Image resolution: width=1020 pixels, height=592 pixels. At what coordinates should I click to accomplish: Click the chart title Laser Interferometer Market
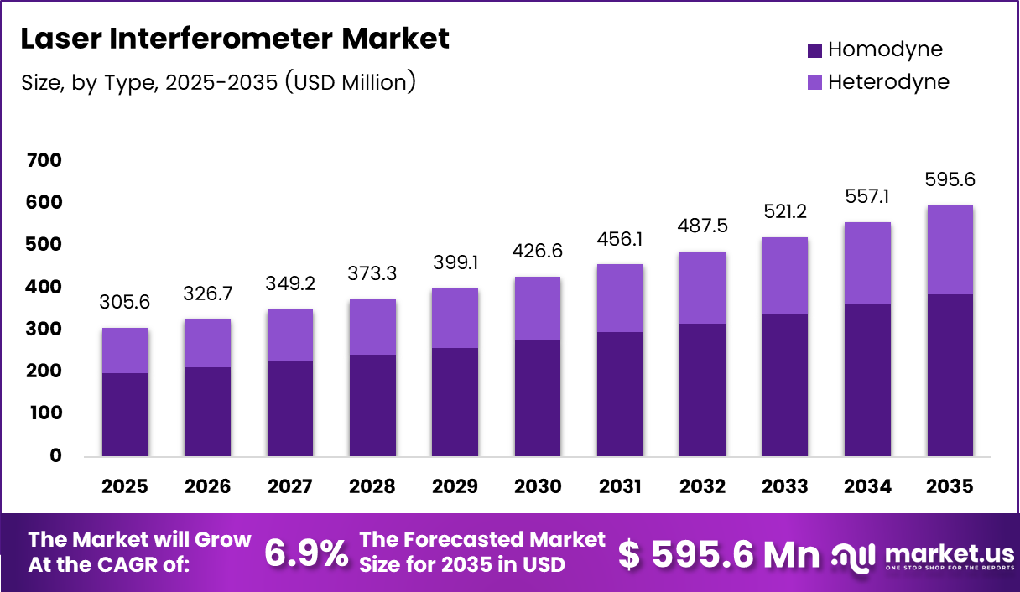pyautogui.click(x=234, y=39)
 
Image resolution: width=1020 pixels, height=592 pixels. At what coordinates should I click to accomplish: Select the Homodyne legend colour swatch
pyautogui.click(x=814, y=50)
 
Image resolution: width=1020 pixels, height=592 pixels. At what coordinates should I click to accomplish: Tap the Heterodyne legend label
pyautogui.click(x=888, y=82)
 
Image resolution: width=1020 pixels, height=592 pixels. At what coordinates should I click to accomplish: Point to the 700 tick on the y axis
pyautogui.click(x=44, y=159)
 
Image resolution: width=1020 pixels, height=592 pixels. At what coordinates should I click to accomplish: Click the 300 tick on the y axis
pyautogui.click(x=44, y=329)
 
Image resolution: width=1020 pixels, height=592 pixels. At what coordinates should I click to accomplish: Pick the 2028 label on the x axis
pyautogui.click(x=372, y=486)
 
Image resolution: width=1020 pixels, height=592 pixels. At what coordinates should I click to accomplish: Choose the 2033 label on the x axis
pyautogui.click(x=785, y=486)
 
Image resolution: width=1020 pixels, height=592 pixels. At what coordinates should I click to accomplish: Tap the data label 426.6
pyautogui.click(x=538, y=252)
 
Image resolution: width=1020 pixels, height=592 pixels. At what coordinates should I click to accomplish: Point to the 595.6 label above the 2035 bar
pyautogui.click(x=950, y=179)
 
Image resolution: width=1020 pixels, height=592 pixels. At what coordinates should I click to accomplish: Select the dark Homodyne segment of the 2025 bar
pyautogui.click(x=125, y=414)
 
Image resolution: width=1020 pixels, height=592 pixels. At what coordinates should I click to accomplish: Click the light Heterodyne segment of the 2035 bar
pyautogui.click(x=950, y=250)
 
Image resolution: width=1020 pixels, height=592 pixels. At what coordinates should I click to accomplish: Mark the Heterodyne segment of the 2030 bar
pyautogui.click(x=538, y=309)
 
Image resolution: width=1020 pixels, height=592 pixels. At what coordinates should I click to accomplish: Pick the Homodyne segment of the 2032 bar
pyautogui.click(x=702, y=389)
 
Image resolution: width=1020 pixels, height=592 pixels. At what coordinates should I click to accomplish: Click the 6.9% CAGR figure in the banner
pyautogui.click(x=306, y=553)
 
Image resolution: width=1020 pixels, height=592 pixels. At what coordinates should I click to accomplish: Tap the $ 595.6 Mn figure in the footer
pyautogui.click(x=718, y=553)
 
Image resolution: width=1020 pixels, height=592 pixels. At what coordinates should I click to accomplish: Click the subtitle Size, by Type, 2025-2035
pyautogui.click(x=218, y=82)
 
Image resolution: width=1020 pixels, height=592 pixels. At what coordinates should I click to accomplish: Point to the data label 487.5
pyautogui.click(x=702, y=226)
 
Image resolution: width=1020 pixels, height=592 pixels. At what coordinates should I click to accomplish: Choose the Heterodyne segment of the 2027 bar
pyautogui.click(x=290, y=335)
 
